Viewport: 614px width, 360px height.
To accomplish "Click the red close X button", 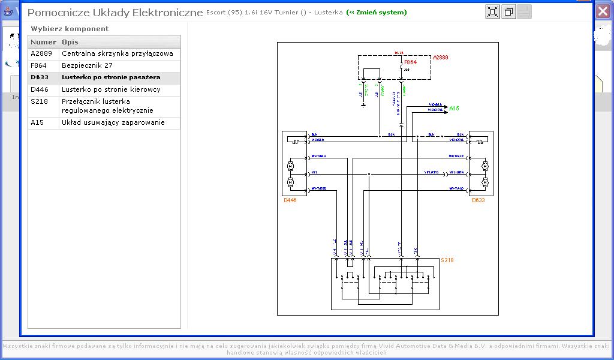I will (x=603, y=11).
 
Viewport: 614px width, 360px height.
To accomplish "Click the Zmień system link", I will (x=377, y=13).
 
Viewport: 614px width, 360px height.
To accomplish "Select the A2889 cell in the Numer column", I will (x=41, y=53).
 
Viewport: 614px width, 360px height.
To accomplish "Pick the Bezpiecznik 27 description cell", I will (x=87, y=65).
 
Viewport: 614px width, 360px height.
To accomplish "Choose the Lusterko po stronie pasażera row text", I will (x=111, y=77).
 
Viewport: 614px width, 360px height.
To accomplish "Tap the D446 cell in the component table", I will (x=40, y=89).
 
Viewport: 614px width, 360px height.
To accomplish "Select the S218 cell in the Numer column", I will (x=40, y=101).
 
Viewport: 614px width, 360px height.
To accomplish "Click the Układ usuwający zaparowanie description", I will (x=112, y=122).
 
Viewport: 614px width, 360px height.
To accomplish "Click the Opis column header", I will (x=70, y=42).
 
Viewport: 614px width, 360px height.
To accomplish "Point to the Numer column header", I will (x=43, y=42).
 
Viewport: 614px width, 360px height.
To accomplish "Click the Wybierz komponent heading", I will (x=70, y=29).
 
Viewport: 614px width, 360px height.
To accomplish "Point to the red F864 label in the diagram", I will (x=410, y=62).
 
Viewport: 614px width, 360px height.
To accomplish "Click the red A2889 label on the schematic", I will (x=441, y=58).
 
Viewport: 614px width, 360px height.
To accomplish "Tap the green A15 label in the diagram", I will (x=454, y=109).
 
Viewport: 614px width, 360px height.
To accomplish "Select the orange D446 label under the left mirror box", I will (x=290, y=200).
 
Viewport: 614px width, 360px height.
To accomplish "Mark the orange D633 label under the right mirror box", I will (x=478, y=200).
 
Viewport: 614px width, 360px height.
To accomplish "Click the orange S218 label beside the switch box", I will (x=447, y=260).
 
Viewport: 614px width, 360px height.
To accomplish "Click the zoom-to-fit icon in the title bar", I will (x=492, y=12).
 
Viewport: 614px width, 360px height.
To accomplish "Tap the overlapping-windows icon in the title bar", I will (x=508, y=12).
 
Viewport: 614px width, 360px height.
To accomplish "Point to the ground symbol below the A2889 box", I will (x=363, y=106).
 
